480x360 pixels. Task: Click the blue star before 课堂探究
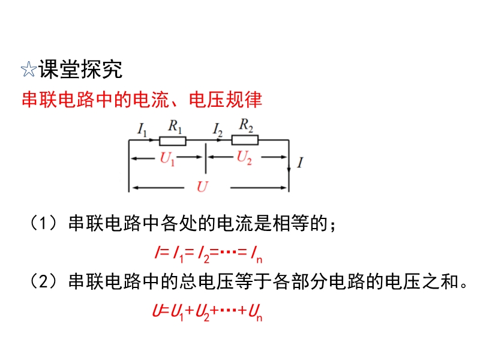(x=29, y=69)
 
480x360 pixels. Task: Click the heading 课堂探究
(x=80, y=69)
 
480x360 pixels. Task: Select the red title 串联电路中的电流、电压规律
(x=142, y=99)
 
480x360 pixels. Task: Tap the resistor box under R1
(x=173, y=141)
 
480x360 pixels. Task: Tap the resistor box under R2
(x=245, y=140)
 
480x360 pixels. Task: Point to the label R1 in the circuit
(x=175, y=126)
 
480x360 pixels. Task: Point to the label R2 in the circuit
(x=246, y=125)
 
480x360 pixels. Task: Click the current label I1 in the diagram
(x=142, y=129)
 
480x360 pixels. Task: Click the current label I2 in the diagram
(x=217, y=130)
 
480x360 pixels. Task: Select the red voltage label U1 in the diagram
(x=167, y=159)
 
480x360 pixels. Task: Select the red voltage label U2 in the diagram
(x=244, y=158)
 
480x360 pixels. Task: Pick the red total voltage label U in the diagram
(x=202, y=187)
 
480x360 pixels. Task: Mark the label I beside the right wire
(x=300, y=162)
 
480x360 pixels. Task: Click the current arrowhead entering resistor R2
(x=219, y=140)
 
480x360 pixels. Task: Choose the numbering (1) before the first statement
(x=43, y=223)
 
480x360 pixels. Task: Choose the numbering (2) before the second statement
(x=43, y=281)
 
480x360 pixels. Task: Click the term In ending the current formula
(x=256, y=255)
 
